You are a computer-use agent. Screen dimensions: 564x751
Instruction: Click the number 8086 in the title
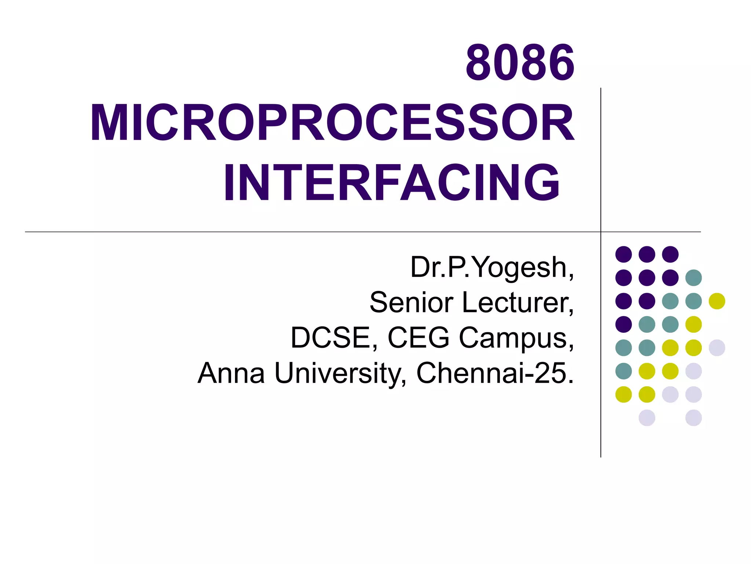pos(520,63)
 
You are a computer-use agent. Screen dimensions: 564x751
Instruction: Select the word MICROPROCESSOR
pos(332,123)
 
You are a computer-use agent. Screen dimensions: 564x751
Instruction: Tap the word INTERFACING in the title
pos(392,183)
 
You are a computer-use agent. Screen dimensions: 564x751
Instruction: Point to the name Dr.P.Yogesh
pos(491,267)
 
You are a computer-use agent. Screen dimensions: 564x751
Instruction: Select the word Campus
pos(516,338)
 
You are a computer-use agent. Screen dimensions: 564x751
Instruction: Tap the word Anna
pos(231,373)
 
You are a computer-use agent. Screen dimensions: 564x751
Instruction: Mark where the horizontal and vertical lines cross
pos(601,232)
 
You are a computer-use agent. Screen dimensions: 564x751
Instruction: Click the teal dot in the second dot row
pos(693,278)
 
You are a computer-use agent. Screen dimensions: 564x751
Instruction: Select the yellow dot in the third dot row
pos(717,301)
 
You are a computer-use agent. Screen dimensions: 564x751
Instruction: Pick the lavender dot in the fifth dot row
pos(717,348)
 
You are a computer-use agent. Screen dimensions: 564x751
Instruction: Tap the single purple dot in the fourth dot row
pos(623,324)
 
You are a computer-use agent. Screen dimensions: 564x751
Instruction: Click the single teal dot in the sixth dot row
pos(623,371)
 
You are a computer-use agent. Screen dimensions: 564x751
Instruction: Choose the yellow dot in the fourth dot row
pos(693,324)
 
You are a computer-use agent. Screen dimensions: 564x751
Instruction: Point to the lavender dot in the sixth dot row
pos(693,371)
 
